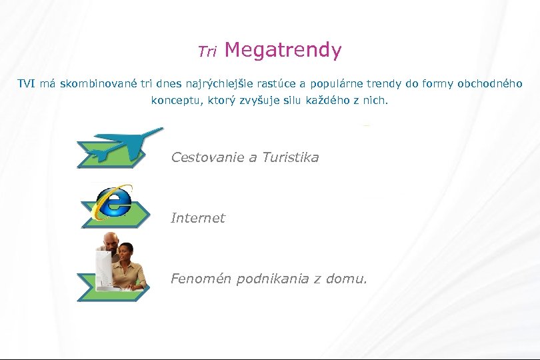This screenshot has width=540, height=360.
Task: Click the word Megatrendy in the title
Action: tap(283, 50)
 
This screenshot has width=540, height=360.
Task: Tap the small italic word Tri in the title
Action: tap(207, 51)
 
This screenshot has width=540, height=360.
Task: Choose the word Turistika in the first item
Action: tap(290, 157)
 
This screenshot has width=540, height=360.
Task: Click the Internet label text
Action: tap(198, 218)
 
